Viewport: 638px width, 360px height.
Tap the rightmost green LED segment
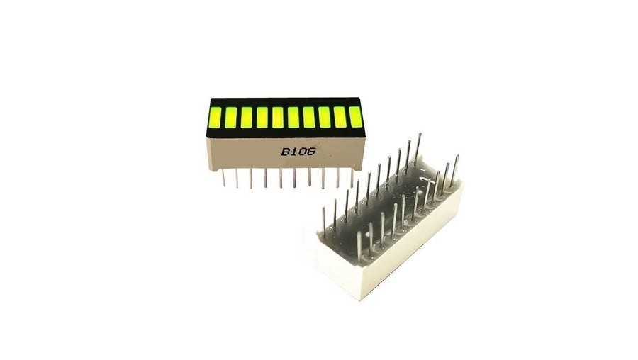(356, 116)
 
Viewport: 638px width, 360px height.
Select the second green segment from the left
(230, 117)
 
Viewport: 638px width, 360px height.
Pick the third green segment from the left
(247, 117)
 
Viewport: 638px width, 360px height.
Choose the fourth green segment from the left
(262, 117)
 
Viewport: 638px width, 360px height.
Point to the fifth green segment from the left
(278, 117)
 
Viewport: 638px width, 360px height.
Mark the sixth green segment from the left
(293, 117)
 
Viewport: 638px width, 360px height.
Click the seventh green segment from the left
(309, 117)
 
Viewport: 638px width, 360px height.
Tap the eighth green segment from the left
(324, 117)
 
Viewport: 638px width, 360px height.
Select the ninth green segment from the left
(340, 116)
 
